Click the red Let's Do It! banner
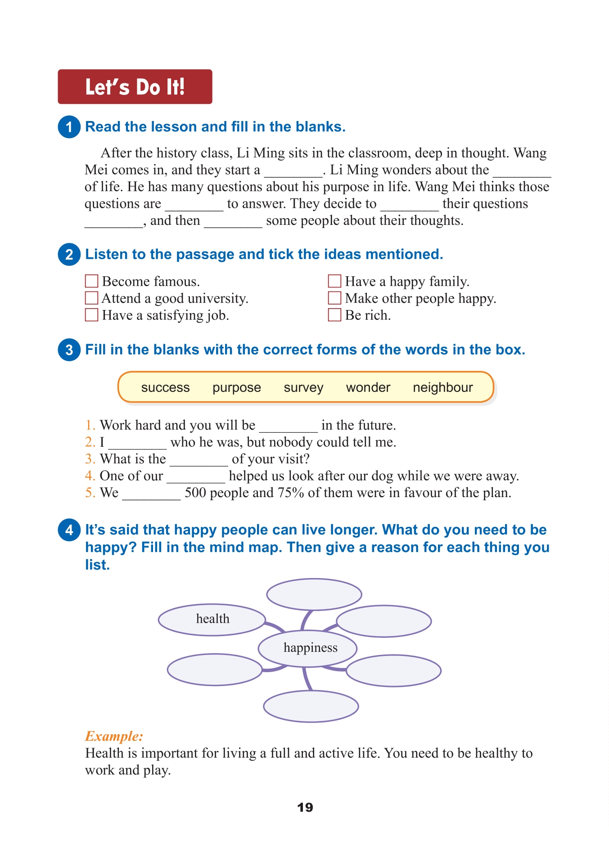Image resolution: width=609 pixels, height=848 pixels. (135, 87)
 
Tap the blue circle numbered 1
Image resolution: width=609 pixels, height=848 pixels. (69, 127)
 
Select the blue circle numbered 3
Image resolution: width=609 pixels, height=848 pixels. (69, 350)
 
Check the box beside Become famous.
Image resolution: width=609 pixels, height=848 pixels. (92, 281)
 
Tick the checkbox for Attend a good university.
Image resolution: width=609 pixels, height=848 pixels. (92, 298)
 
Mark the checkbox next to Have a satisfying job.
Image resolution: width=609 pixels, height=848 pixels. (92, 314)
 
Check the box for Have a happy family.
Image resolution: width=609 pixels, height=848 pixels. (334, 281)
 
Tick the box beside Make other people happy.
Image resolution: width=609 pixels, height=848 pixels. (334, 298)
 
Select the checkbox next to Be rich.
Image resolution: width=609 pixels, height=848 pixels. (334, 314)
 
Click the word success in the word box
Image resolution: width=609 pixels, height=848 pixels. (165, 387)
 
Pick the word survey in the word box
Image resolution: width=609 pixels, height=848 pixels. (303, 387)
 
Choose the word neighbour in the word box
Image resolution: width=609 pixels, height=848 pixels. (442, 387)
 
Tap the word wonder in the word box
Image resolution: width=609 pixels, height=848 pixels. (368, 387)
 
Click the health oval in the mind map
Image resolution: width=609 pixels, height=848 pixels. (212, 619)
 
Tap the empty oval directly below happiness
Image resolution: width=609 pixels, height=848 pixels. (311, 706)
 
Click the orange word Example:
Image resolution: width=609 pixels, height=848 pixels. (114, 736)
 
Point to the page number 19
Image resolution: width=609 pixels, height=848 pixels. (305, 807)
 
